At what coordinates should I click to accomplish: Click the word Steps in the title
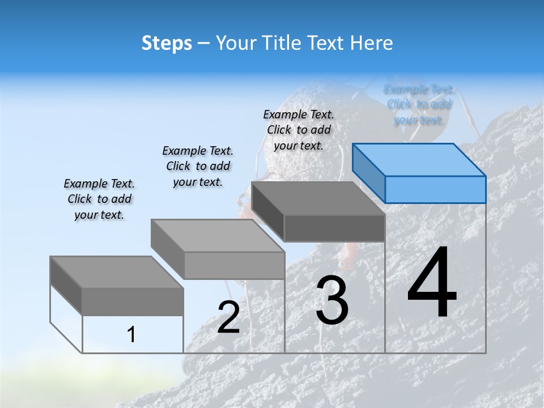(x=167, y=43)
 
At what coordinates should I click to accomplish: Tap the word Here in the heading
(x=372, y=43)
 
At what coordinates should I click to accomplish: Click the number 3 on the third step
(x=332, y=300)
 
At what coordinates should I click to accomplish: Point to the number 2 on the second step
(x=228, y=317)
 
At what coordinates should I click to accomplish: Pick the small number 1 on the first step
(x=131, y=335)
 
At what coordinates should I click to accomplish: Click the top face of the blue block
(x=419, y=160)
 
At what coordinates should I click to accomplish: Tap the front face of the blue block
(x=435, y=189)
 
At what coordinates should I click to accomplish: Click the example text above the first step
(x=99, y=199)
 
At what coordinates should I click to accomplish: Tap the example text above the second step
(x=198, y=166)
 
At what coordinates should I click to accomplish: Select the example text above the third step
(x=299, y=130)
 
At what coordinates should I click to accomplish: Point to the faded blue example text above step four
(x=419, y=105)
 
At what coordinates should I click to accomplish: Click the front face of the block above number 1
(x=133, y=301)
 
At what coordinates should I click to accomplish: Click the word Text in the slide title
(x=328, y=43)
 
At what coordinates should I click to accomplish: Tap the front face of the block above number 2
(x=234, y=265)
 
